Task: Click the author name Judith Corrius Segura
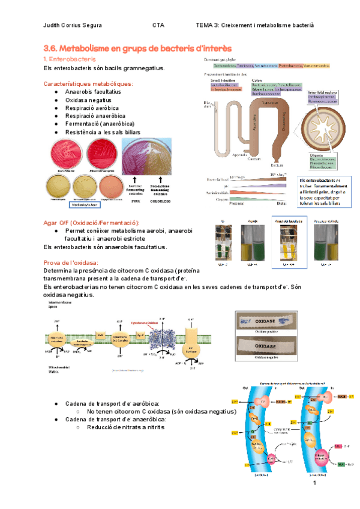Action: point(73,25)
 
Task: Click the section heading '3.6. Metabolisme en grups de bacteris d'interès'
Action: point(138,48)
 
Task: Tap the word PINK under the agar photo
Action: point(136,200)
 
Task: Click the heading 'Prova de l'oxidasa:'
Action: point(71,262)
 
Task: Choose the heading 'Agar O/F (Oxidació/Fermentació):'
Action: point(92,223)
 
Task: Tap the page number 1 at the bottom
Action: point(313,483)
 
